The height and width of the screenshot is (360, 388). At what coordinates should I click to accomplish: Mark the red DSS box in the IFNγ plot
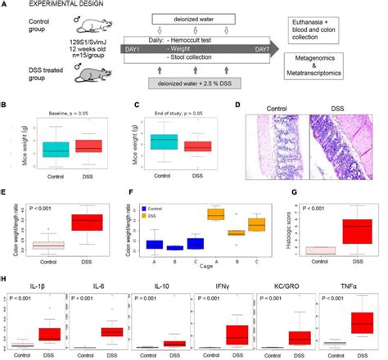click(237, 335)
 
